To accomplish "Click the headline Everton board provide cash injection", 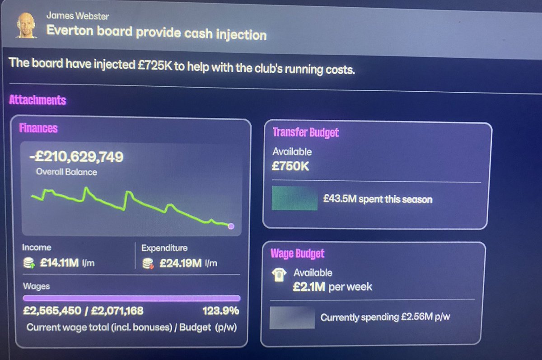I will point(156,33).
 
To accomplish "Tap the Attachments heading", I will point(37,100).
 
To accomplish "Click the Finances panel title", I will point(38,128).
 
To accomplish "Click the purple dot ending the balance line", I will point(231,226).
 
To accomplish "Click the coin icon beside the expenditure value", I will point(148,263).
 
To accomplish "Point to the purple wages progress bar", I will point(131,298).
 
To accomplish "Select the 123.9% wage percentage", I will point(221,311).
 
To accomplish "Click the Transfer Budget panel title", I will point(305,133).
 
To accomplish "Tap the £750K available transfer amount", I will point(290,166).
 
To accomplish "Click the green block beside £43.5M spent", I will point(294,198).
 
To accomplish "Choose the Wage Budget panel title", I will point(297,253).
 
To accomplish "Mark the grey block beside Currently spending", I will point(292,317).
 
